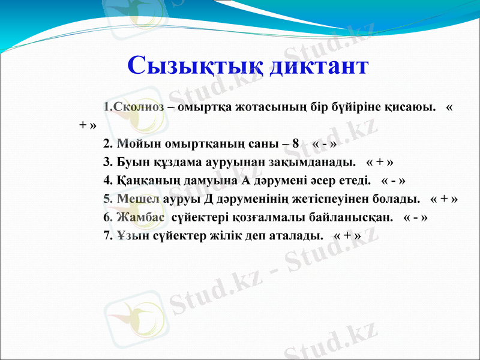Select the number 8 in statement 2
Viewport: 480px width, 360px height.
295,144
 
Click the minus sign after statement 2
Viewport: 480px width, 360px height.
324,145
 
